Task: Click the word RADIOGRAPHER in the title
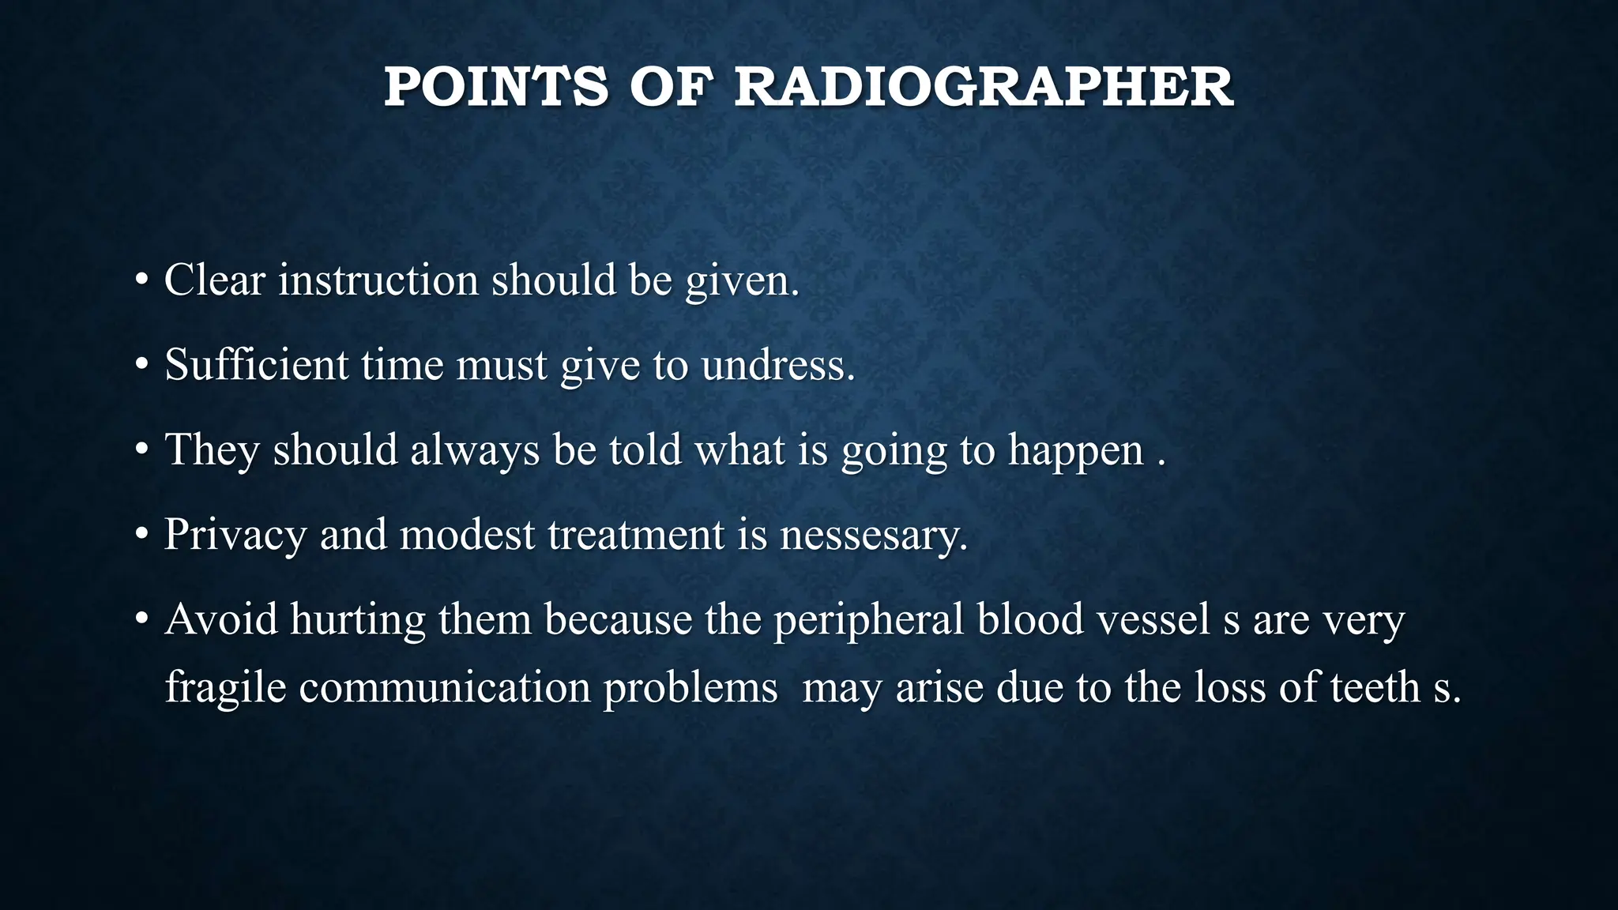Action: click(984, 87)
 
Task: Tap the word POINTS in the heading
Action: click(496, 87)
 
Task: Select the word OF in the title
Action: click(671, 87)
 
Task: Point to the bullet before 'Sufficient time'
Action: click(141, 365)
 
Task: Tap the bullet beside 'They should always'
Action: click(141, 449)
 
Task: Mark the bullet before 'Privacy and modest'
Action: click(141, 534)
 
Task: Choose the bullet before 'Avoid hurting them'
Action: click(141, 619)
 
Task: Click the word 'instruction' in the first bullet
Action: click(378, 280)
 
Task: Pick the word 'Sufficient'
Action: click(256, 365)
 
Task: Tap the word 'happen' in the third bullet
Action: click(1075, 451)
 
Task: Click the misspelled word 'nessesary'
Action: click(872, 535)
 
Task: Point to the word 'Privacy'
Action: click(235, 535)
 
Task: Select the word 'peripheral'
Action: click(868, 619)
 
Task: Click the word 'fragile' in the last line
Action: click(225, 687)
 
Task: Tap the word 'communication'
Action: click(445, 687)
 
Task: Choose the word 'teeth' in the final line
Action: click(1375, 687)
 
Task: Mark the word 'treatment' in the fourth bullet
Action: click(636, 535)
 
